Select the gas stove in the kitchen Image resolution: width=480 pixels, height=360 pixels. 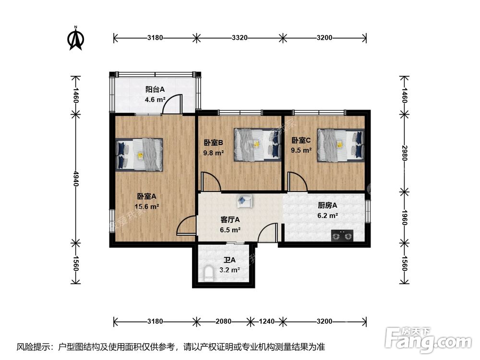[342, 235]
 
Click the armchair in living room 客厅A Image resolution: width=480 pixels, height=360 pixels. [244, 200]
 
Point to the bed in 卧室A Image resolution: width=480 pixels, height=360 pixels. [139, 155]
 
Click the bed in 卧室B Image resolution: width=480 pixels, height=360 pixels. [257, 144]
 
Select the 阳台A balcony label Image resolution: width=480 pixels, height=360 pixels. [155, 89]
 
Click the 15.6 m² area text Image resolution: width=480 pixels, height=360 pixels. [147, 207]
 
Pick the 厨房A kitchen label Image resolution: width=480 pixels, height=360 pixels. [328, 205]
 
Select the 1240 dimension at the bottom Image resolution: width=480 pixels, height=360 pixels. [266, 321]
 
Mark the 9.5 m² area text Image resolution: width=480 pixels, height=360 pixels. [301, 150]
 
